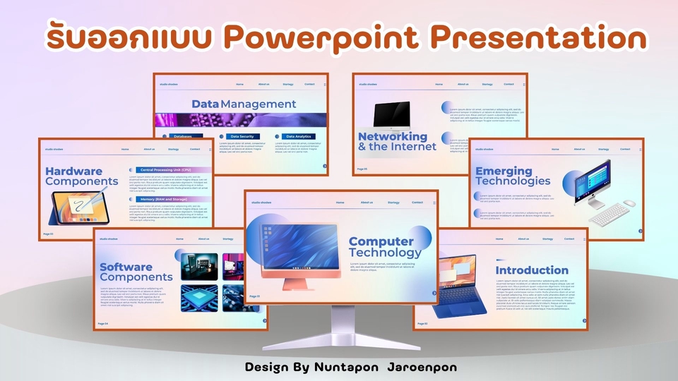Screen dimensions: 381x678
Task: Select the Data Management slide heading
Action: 244,104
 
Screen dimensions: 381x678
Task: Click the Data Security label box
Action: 240,136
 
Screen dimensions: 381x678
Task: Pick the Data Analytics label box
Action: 299,136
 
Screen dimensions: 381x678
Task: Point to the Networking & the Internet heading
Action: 397,141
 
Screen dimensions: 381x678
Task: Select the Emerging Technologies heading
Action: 512,176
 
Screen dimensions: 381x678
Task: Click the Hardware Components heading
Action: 81,176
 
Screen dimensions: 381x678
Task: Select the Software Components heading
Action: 136,272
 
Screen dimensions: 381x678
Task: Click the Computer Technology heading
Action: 385,247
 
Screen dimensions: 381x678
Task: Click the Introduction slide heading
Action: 532,270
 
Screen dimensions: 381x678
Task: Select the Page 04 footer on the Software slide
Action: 103,324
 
